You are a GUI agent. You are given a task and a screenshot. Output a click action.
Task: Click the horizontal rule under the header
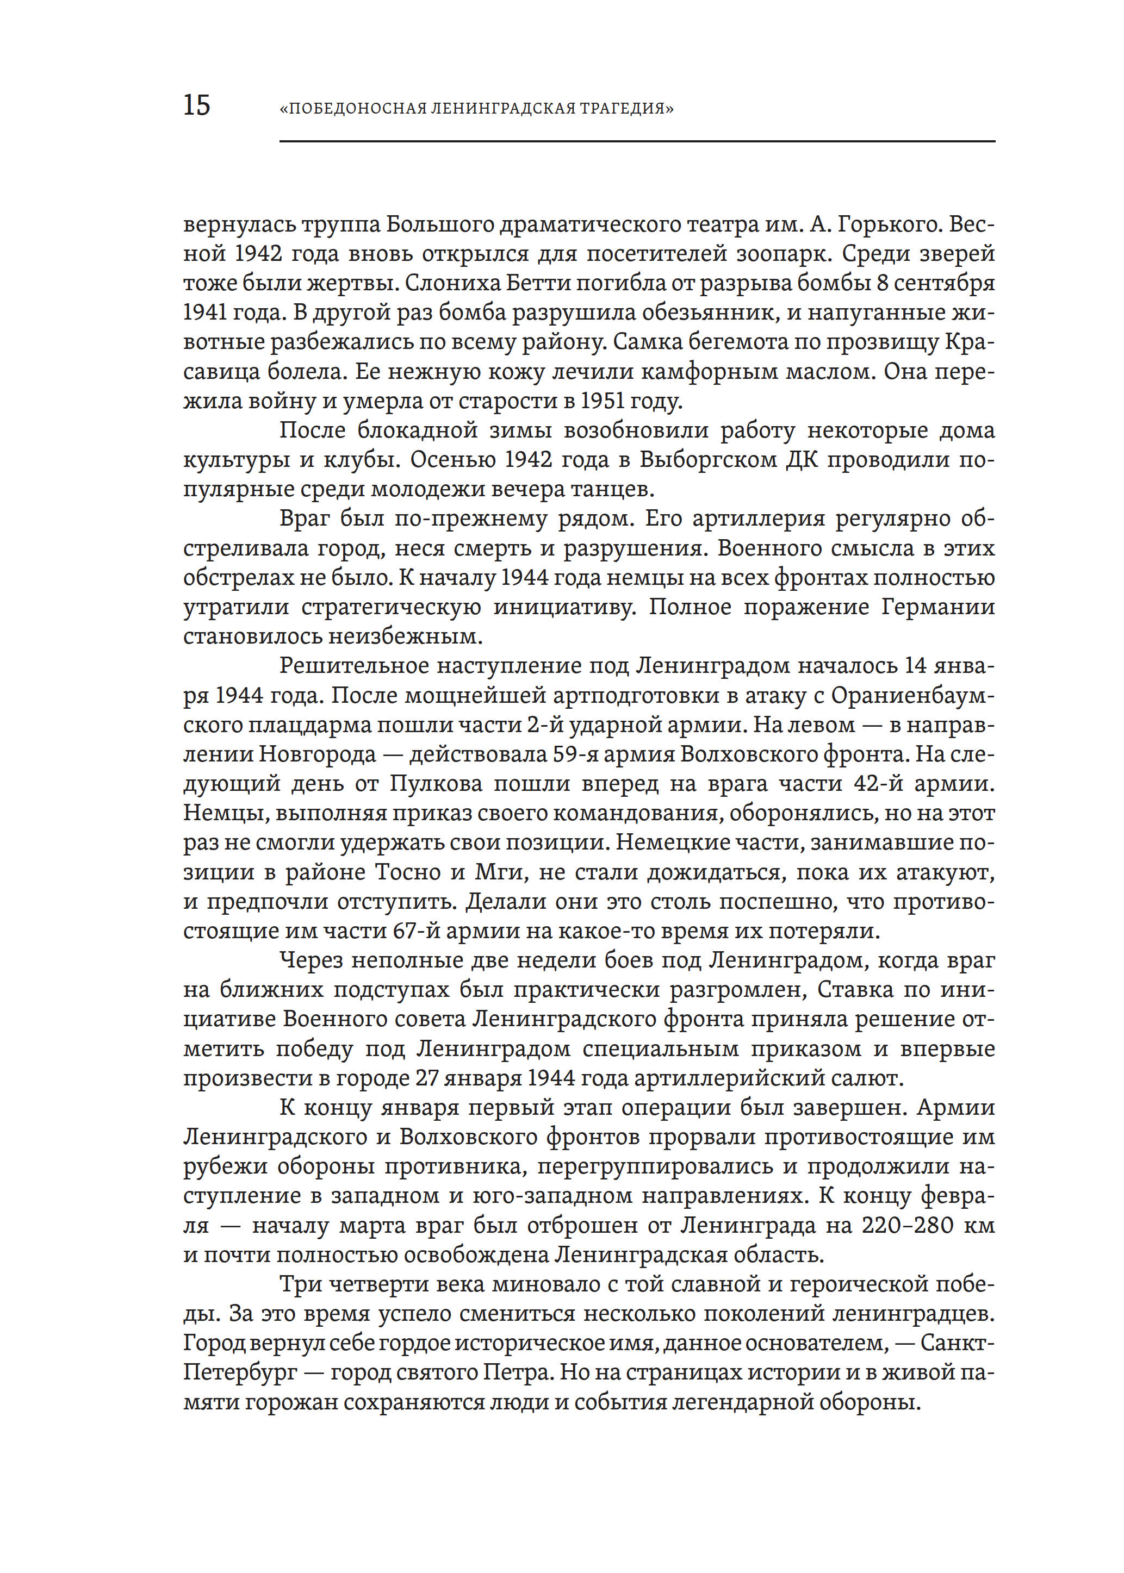pyautogui.click(x=637, y=142)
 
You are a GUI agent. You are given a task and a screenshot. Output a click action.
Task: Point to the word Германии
pyautogui.click(x=938, y=607)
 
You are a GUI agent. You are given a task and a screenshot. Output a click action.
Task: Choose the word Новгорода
pyautogui.click(x=318, y=754)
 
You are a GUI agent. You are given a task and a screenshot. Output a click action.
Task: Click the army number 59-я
pyautogui.click(x=574, y=754)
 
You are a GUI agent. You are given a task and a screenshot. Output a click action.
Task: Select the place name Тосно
pyautogui.click(x=408, y=872)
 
